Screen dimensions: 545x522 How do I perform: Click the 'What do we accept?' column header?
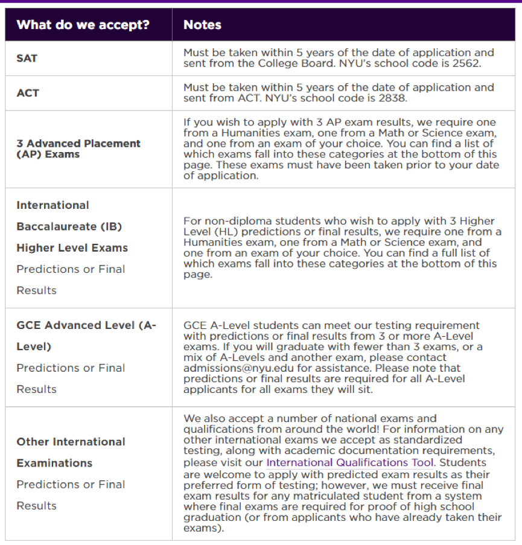tap(83, 25)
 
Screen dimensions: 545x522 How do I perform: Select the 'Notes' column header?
tap(202, 25)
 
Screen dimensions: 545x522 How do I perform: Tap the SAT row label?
tap(27, 59)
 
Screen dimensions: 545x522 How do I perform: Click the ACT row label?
tap(28, 93)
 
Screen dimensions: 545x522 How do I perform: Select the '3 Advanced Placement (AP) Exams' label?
tap(78, 148)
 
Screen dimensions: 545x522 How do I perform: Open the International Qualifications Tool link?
tap(350, 463)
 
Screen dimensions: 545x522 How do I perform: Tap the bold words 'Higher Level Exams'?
tap(72, 247)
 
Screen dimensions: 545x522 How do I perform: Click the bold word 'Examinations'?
tap(54, 463)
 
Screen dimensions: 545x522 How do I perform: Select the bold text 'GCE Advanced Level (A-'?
tap(86, 325)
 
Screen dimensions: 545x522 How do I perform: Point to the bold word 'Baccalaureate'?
tap(69, 226)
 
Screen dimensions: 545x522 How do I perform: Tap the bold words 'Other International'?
tap(71, 442)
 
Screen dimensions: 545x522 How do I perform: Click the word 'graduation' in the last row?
tap(212, 518)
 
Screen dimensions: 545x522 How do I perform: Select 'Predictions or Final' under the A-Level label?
tap(71, 368)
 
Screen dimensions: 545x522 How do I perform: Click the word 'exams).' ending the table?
tap(203, 528)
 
